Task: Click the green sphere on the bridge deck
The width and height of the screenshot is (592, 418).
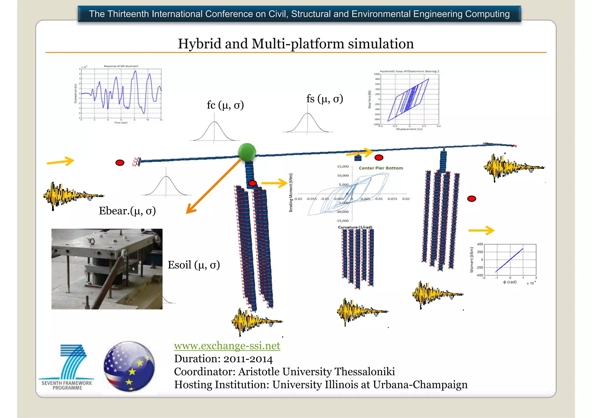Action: [247, 152]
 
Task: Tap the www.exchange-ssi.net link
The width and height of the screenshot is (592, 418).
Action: [227, 346]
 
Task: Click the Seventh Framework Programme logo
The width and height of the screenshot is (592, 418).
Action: [67, 367]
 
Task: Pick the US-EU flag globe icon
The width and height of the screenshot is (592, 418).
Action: [129, 366]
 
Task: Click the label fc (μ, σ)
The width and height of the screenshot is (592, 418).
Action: [225, 105]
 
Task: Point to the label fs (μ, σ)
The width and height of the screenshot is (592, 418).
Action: [325, 99]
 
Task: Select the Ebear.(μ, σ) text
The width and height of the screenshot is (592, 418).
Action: [127, 211]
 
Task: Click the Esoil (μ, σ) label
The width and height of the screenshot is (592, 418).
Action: [194, 265]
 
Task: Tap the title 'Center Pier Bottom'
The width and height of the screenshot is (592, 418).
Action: [381, 168]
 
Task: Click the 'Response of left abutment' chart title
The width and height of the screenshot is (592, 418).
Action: [121, 66]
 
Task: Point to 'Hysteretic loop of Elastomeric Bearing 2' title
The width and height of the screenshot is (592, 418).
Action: [409, 71]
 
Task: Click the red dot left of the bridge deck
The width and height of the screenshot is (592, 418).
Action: [120, 163]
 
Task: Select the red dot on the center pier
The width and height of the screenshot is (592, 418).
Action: [252, 183]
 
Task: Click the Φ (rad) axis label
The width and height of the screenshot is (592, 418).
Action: [510, 282]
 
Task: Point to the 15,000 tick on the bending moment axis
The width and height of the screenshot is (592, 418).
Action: [343, 167]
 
